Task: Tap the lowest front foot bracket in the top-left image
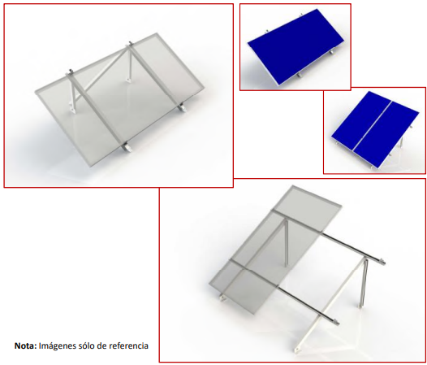[x=127, y=148]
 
